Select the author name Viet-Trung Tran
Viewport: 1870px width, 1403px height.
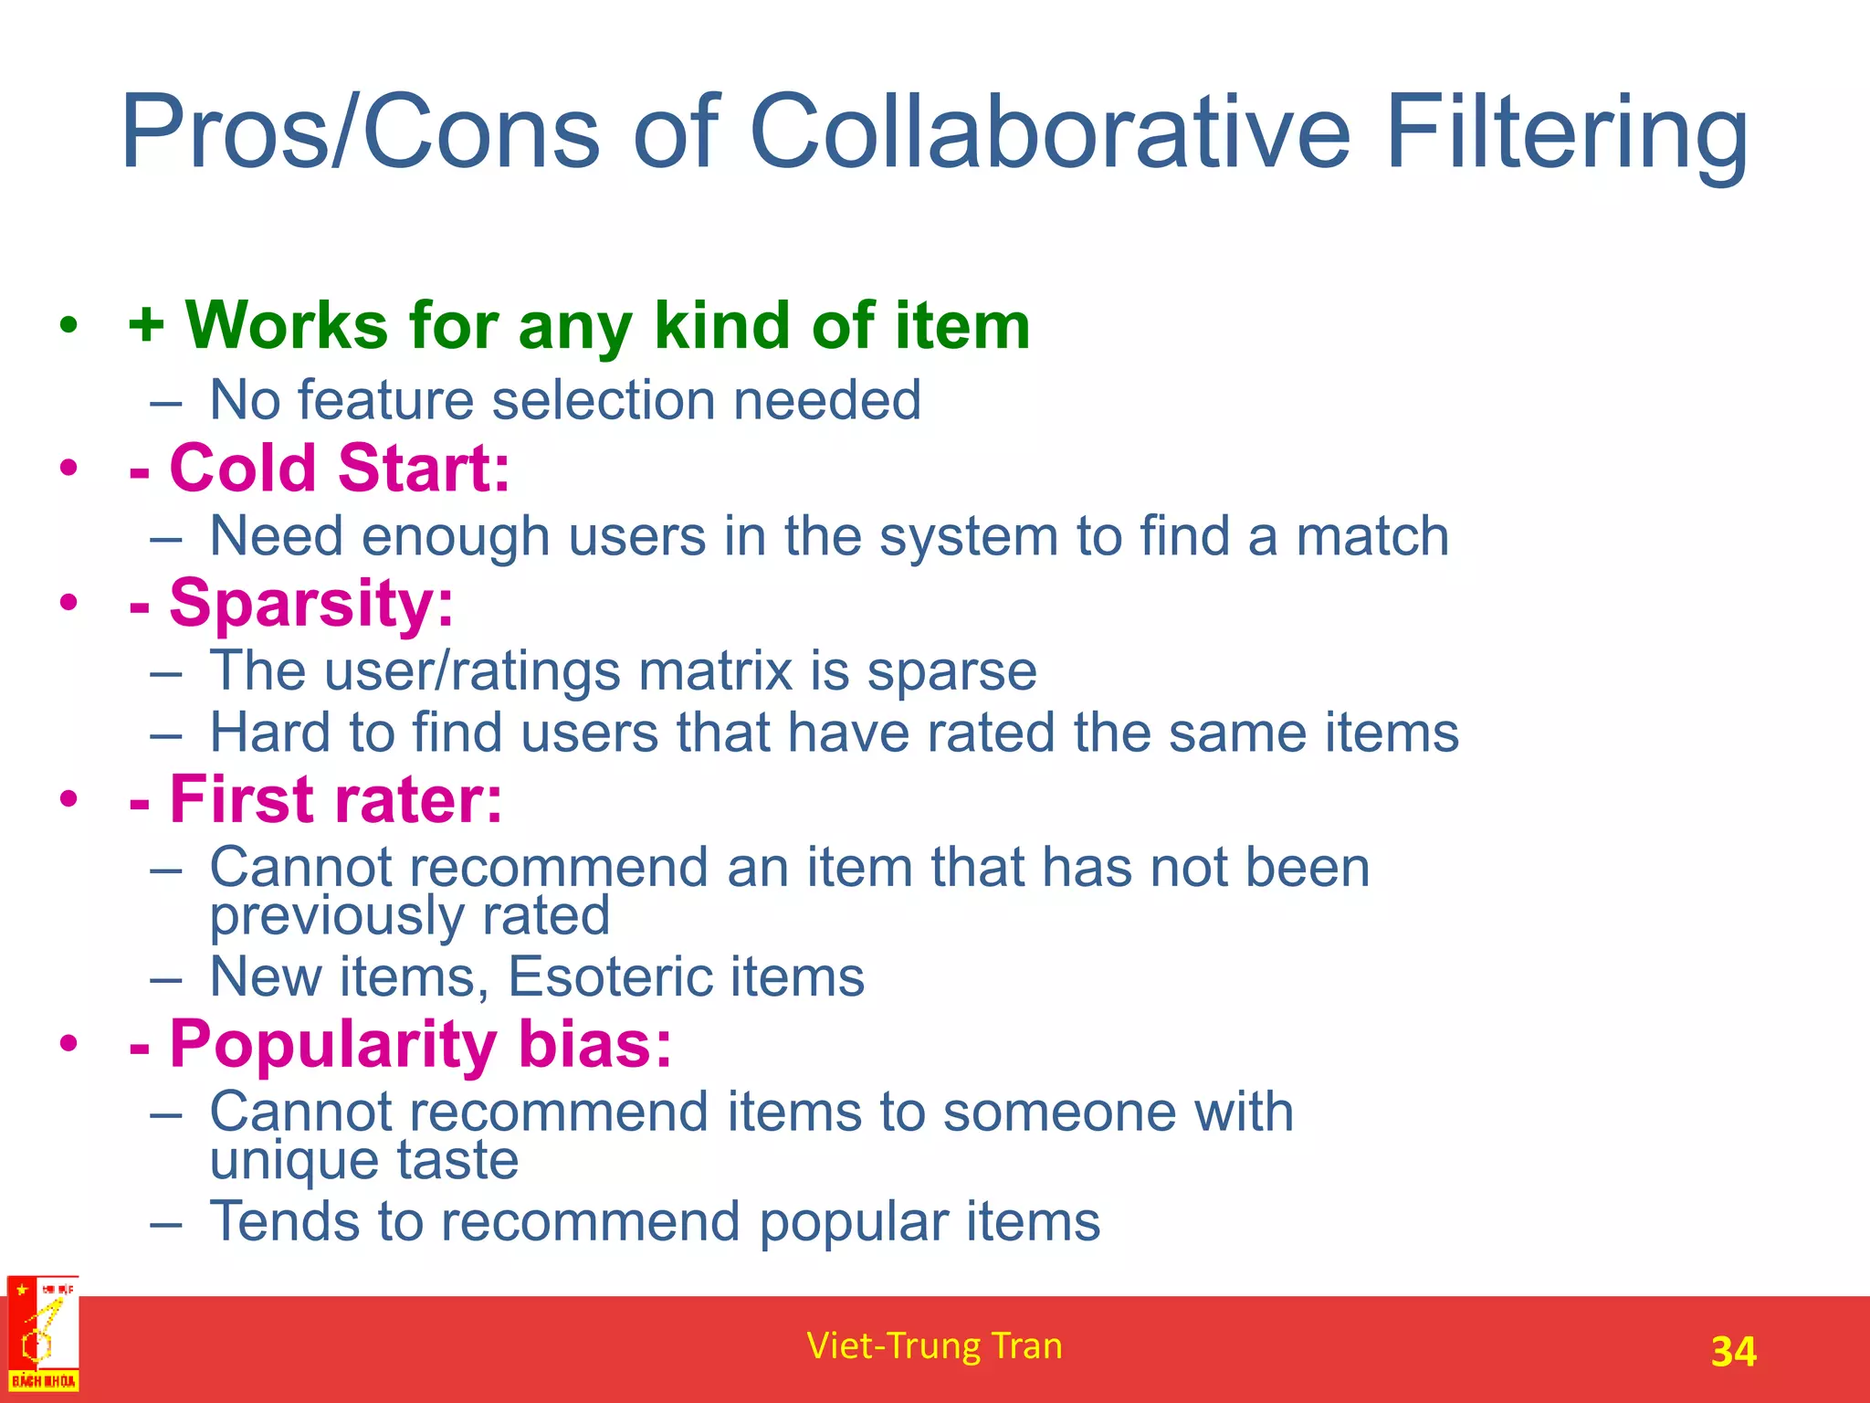tap(935, 1346)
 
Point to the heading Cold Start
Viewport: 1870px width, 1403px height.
tap(339, 469)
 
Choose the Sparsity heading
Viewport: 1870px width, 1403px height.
tap(310, 604)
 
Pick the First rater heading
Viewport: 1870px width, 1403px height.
tap(335, 800)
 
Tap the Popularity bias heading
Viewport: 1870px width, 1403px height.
tap(420, 1044)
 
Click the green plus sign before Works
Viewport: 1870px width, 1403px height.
tap(146, 326)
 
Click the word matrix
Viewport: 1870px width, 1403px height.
tap(715, 670)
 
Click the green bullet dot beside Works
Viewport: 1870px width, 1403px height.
tap(68, 325)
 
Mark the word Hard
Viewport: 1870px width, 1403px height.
tap(270, 733)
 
